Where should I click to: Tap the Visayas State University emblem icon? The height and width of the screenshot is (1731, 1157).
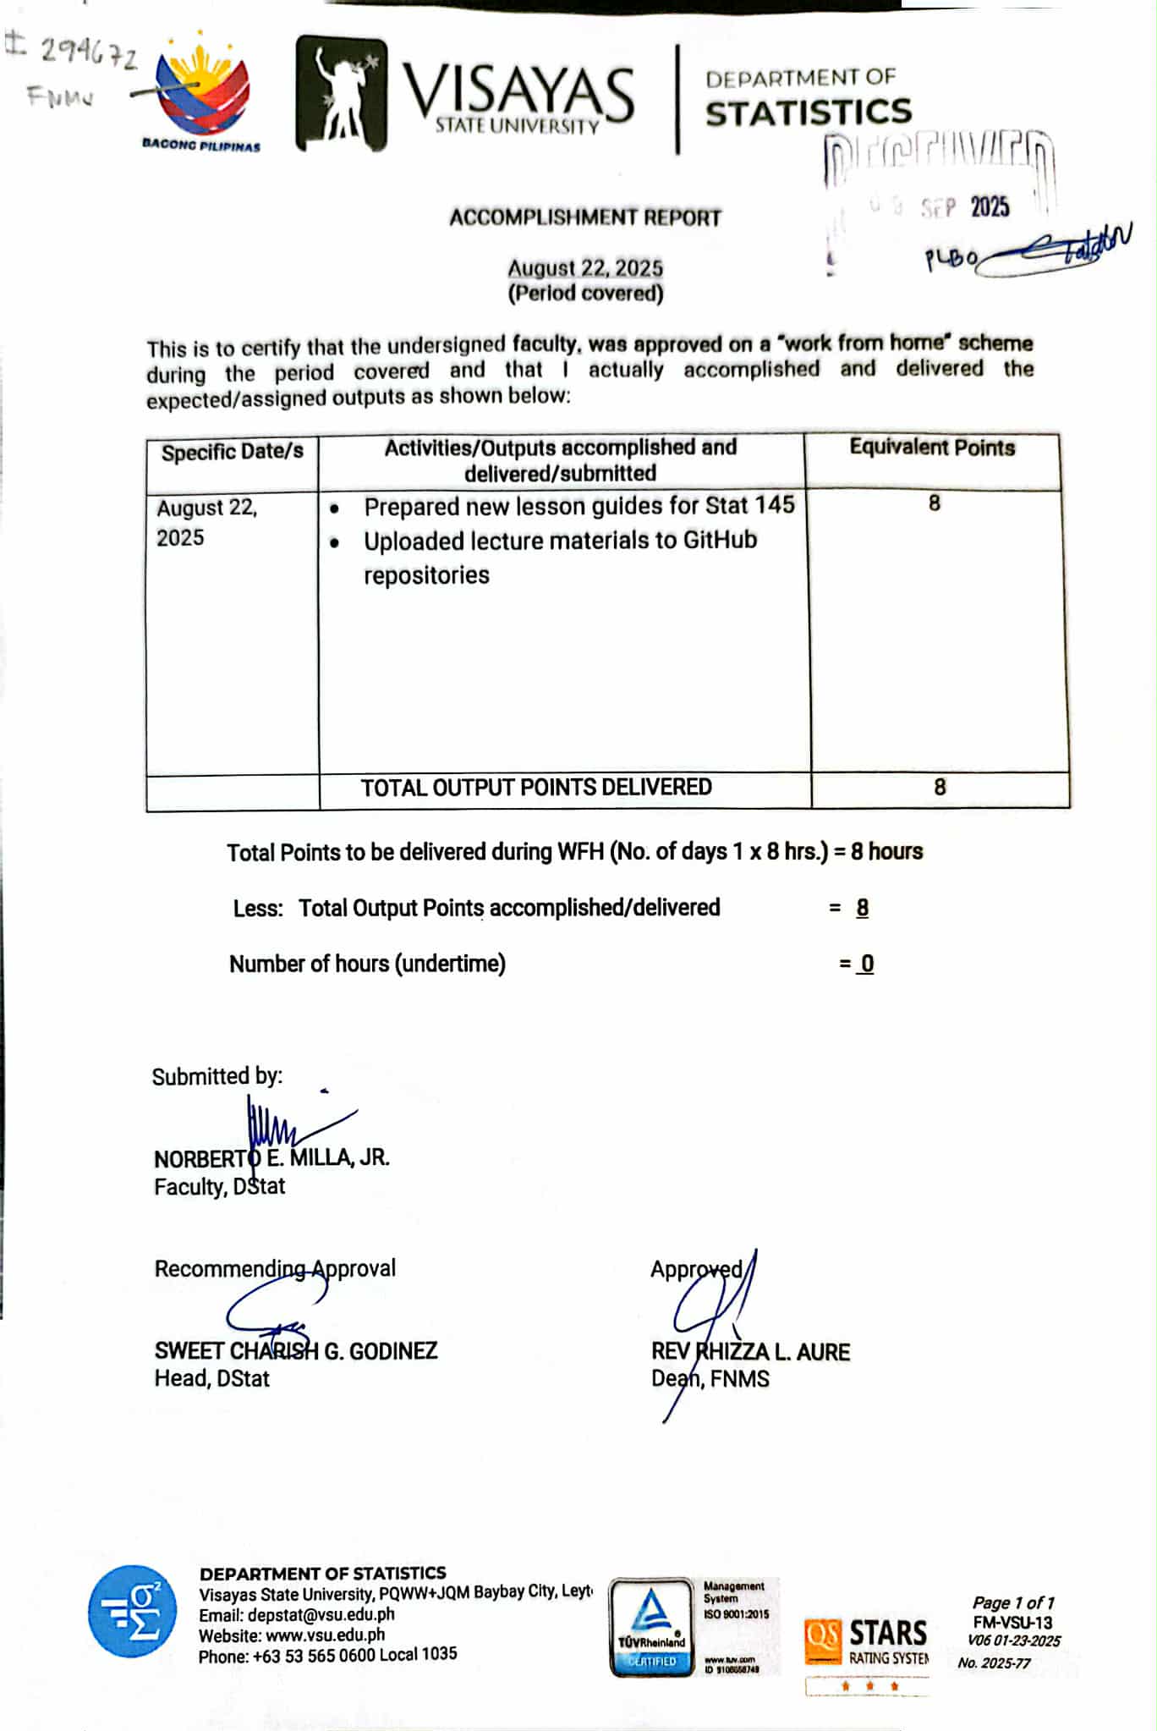pyautogui.click(x=340, y=94)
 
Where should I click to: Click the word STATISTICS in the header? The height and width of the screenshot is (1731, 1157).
pyautogui.click(x=809, y=113)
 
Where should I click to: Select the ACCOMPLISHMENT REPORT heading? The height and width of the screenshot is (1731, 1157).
pyautogui.click(x=585, y=217)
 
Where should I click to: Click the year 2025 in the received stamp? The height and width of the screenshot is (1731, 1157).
pyautogui.click(x=990, y=206)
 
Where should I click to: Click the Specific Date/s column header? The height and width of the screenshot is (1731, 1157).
pyautogui.click(x=232, y=451)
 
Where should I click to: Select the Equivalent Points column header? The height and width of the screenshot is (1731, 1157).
pyautogui.click(x=932, y=448)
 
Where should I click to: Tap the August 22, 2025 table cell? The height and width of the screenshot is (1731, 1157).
pyautogui.click(x=206, y=522)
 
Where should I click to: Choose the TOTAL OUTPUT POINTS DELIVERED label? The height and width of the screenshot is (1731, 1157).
pyautogui.click(x=536, y=788)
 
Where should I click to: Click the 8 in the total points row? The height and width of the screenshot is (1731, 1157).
pyautogui.click(x=940, y=788)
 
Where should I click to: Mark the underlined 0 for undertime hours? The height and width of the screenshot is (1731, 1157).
pyautogui.click(x=867, y=964)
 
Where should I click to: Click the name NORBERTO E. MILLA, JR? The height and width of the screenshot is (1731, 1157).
pyautogui.click(x=271, y=1157)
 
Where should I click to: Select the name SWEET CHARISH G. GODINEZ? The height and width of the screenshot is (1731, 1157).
pyautogui.click(x=295, y=1350)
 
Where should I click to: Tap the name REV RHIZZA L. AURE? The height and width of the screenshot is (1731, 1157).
pyautogui.click(x=750, y=1352)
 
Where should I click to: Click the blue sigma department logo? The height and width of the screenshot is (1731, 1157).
pyautogui.click(x=133, y=1611)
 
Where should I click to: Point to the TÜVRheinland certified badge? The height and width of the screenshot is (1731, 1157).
pyautogui.click(x=651, y=1627)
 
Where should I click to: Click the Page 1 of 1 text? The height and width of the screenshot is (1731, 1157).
pyautogui.click(x=1013, y=1602)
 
